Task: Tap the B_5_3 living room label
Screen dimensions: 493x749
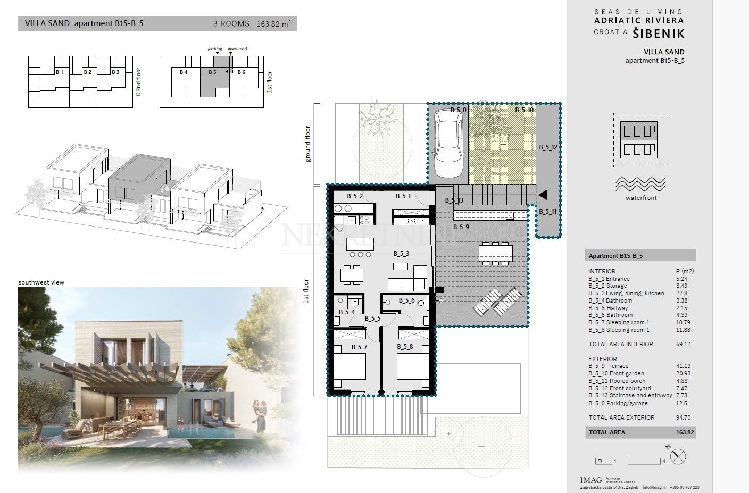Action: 401,254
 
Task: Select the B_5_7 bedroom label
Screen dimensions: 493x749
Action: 359,347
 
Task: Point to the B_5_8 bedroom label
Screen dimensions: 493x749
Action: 405,347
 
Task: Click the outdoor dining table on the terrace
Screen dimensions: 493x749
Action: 495,253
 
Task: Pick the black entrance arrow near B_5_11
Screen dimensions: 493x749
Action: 543,195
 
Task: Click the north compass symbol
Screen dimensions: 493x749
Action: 679,456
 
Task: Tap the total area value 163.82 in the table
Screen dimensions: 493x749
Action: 685,432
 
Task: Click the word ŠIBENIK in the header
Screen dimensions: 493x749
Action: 659,34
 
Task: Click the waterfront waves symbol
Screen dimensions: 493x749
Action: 640,184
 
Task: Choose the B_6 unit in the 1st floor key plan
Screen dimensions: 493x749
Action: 242,72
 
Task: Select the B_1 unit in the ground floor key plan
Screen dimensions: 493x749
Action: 60,72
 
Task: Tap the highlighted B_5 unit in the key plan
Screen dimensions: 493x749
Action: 212,72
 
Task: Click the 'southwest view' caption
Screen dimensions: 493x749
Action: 41,282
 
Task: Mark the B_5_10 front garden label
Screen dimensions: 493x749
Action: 524,110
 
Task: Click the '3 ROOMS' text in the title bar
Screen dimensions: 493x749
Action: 231,23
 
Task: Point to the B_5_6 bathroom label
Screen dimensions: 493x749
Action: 406,300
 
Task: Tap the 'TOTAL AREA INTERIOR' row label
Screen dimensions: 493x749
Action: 620,344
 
